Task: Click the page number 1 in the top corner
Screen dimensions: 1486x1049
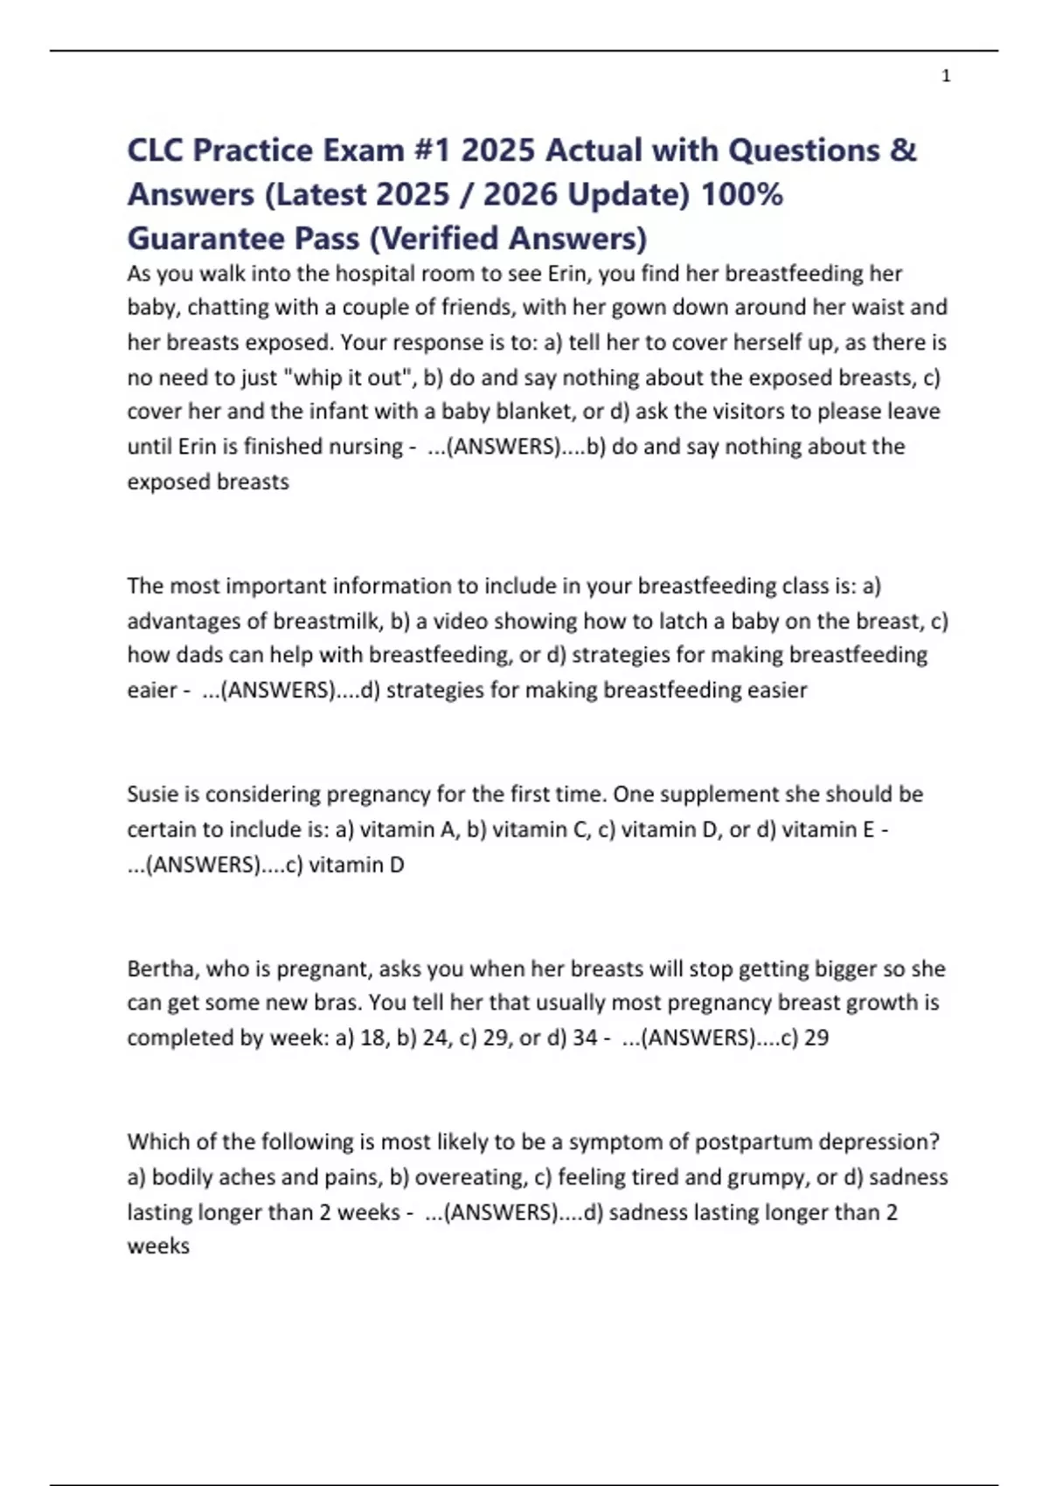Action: tap(946, 76)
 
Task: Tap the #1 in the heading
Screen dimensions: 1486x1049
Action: tap(428, 150)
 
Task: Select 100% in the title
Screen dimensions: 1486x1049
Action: tap(741, 194)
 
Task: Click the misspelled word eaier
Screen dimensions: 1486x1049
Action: tap(152, 691)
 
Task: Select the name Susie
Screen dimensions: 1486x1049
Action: tap(152, 795)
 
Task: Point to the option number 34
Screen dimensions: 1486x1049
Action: tap(585, 1038)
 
